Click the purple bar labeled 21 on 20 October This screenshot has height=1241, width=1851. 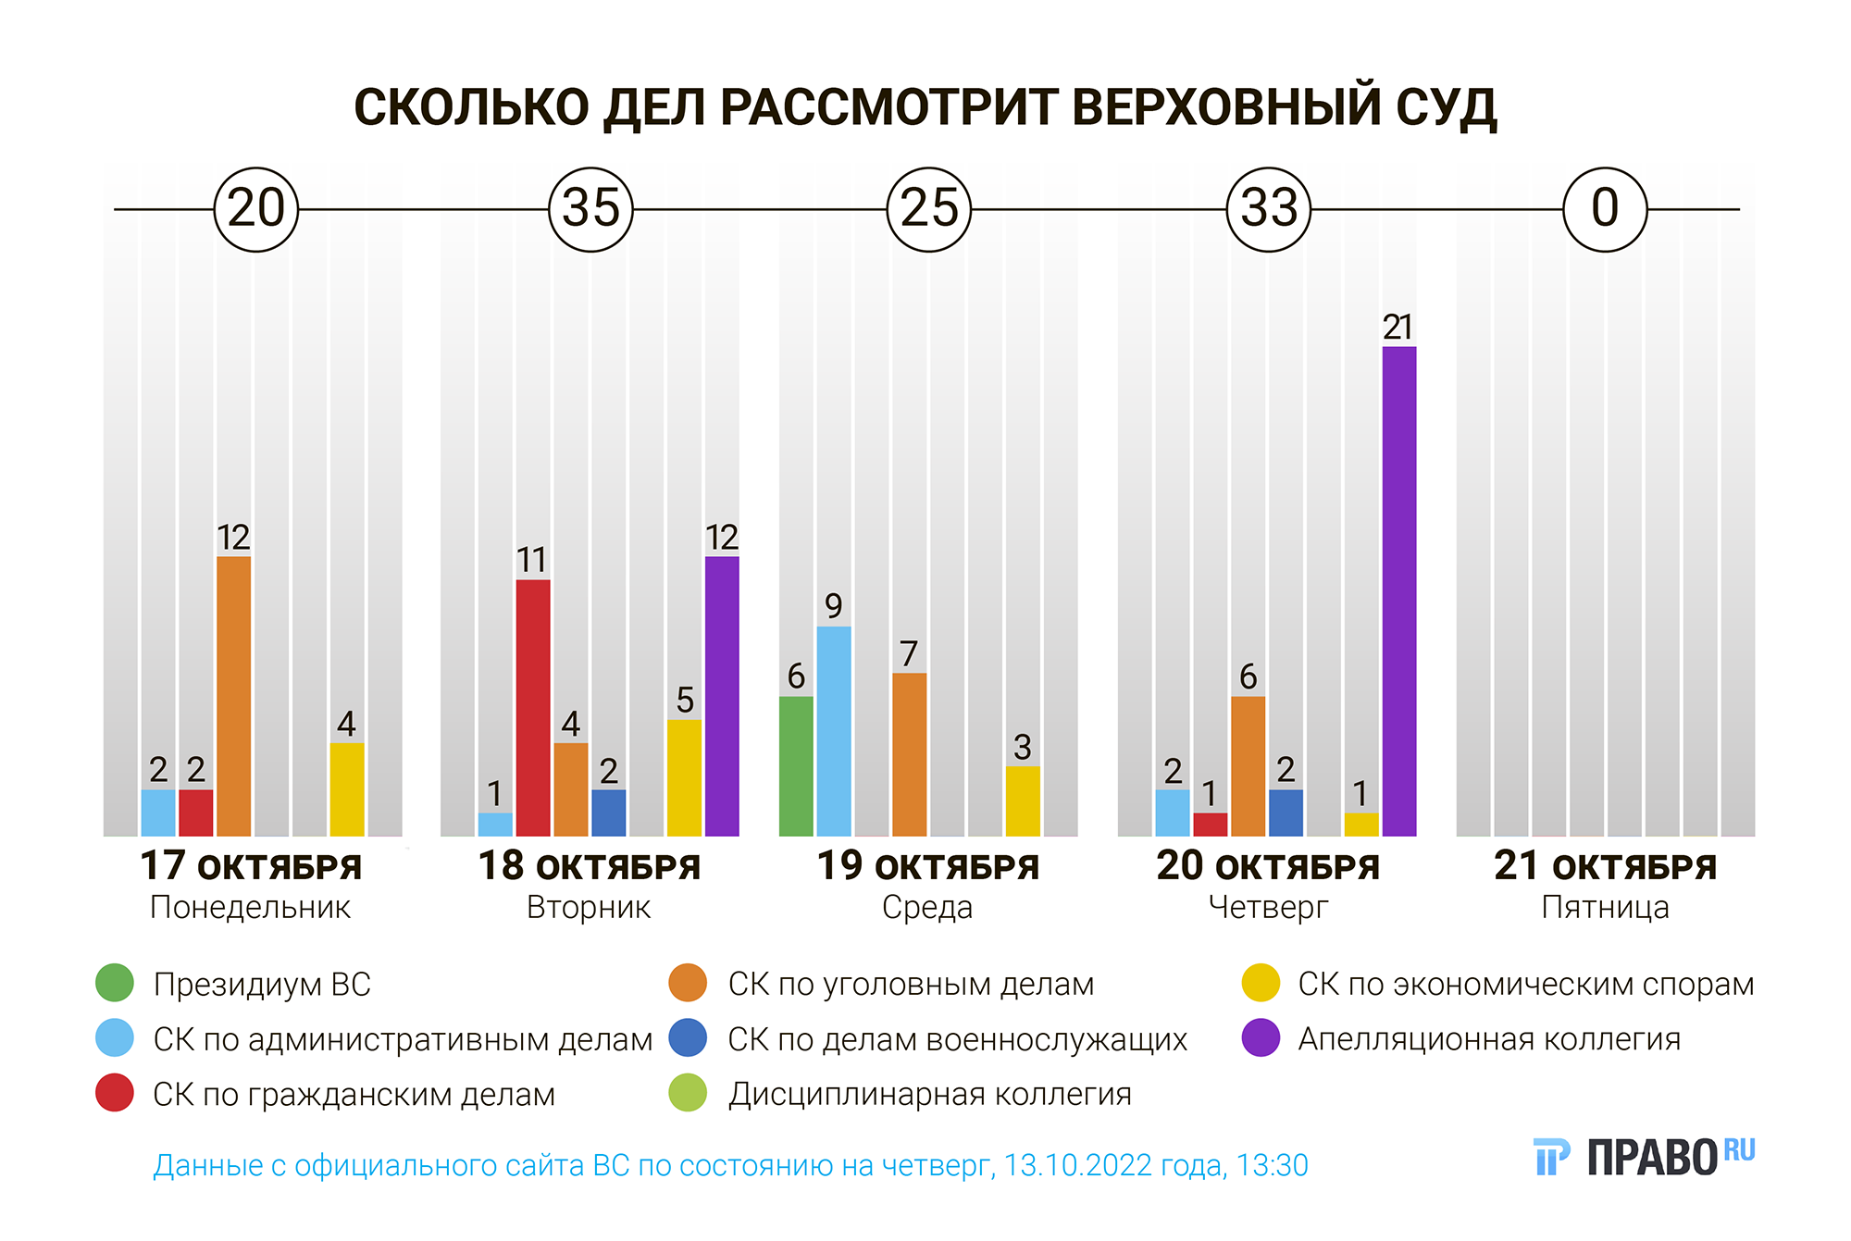click(1398, 591)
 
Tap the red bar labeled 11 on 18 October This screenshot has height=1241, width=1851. click(533, 708)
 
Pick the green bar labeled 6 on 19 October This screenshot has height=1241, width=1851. click(796, 766)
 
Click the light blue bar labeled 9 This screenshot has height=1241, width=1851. click(834, 731)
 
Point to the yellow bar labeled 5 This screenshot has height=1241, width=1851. click(684, 777)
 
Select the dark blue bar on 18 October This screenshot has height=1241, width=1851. click(608, 813)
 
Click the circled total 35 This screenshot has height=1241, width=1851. click(590, 209)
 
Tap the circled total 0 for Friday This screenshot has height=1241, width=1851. click(1605, 209)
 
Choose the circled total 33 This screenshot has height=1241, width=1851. click(1269, 209)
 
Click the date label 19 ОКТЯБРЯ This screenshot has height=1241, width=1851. click(928, 867)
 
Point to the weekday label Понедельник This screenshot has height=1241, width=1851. click(250, 908)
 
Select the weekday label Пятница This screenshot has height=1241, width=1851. click(1605, 908)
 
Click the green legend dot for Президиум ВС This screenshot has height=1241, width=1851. click(115, 983)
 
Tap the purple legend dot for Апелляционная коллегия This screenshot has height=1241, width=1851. click(1261, 1037)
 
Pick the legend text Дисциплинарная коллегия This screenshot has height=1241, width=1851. click(929, 1094)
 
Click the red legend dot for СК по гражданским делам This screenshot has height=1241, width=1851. click(115, 1093)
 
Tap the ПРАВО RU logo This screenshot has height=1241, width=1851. click(1644, 1157)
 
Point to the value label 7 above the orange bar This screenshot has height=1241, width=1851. click(909, 654)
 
